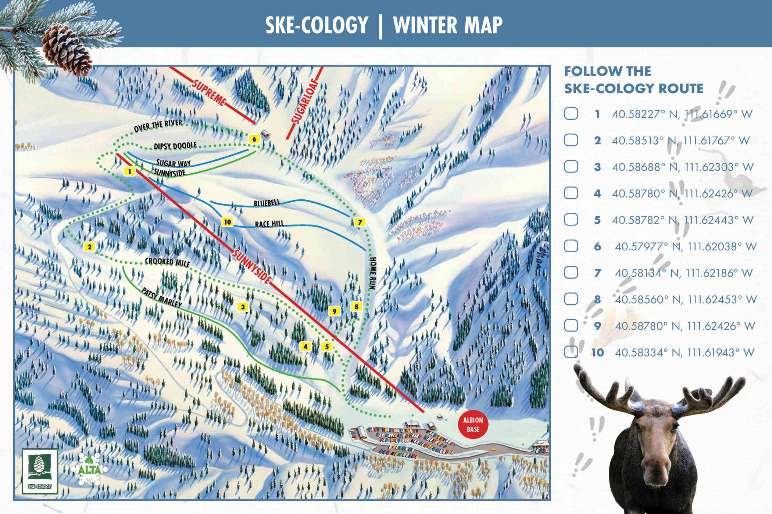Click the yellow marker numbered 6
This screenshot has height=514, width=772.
pyautogui.click(x=254, y=139)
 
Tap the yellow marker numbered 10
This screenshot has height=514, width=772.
pyautogui.click(x=227, y=222)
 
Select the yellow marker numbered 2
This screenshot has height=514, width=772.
pyautogui.click(x=89, y=247)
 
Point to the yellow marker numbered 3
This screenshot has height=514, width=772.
pyautogui.click(x=243, y=307)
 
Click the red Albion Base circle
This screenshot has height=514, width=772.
pyautogui.click(x=473, y=425)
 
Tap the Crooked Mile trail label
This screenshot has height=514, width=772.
pyautogui.click(x=167, y=262)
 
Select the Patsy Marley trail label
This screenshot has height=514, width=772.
pyautogui.click(x=162, y=298)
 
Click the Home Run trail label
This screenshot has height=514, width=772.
pyautogui.click(x=373, y=274)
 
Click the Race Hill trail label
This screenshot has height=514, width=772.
pyautogui.click(x=269, y=224)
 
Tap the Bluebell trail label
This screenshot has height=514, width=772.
pyautogui.click(x=267, y=203)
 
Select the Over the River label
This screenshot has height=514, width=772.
pyautogui.click(x=158, y=126)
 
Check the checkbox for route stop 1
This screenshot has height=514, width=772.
pyautogui.click(x=571, y=114)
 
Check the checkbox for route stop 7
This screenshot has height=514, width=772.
pyautogui.click(x=571, y=273)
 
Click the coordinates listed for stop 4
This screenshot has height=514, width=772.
pyautogui.click(x=682, y=193)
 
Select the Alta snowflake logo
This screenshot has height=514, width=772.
pyautogui.click(x=89, y=469)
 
